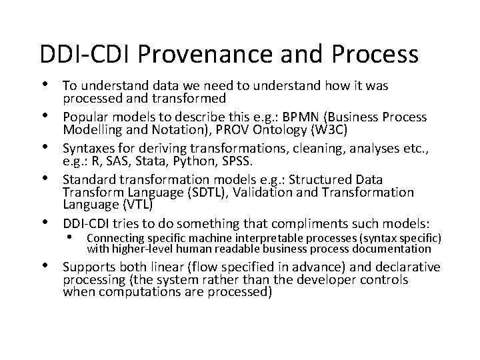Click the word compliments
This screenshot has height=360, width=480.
(x=315, y=221)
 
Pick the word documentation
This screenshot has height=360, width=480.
(x=412, y=249)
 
